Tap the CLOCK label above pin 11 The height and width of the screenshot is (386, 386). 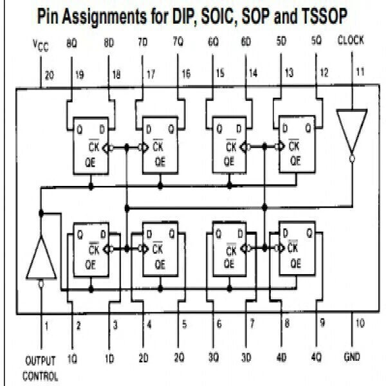(351, 40)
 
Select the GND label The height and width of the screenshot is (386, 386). (352, 356)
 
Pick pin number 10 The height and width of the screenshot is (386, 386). (360, 324)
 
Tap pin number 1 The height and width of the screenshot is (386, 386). (46, 324)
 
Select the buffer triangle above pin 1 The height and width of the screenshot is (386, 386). (40, 257)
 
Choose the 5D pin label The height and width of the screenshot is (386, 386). (281, 41)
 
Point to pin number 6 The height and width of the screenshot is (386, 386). (219, 325)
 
